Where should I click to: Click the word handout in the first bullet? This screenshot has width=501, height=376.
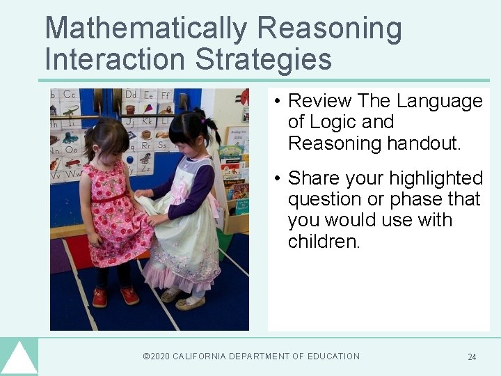pyautogui.click(x=426, y=143)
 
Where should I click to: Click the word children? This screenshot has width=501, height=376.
pyautogui.click(x=324, y=241)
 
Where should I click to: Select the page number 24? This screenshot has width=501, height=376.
pyautogui.click(x=472, y=357)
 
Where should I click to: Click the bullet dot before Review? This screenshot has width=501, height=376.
pyautogui.click(x=277, y=102)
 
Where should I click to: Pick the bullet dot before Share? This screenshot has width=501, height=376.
pyautogui.click(x=277, y=179)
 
